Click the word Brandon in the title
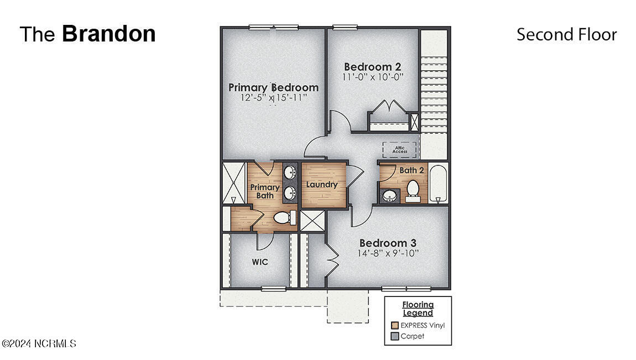click(108, 34)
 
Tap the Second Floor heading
click(566, 34)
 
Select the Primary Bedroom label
click(273, 87)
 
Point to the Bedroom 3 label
click(388, 243)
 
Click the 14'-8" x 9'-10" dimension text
click(388, 254)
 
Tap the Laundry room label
click(322, 185)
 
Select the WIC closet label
click(260, 262)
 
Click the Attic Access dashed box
click(399, 150)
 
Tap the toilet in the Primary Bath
click(284, 217)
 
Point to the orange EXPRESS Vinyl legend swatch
click(394, 325)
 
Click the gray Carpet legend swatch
click(394, 336)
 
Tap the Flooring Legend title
click(418, 309)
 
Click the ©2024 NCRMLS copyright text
click(39, 343)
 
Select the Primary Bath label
click(265, 191)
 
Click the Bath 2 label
click(411, 170)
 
